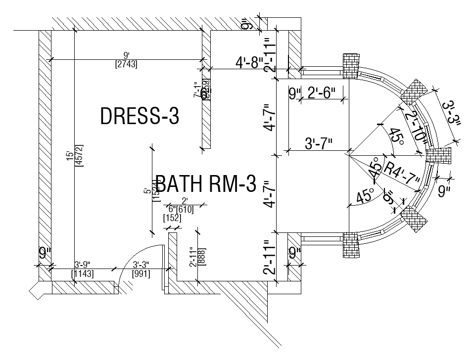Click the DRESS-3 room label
[139, 117]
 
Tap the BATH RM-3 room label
[206, 184]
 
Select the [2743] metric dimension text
[126, 64]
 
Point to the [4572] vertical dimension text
[79, 155]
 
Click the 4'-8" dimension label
[249, 63]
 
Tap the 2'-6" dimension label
[321, 92]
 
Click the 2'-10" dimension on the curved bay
[417, 127]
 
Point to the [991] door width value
[141, 273]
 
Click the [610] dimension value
[185, 209]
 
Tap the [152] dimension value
[172, 218]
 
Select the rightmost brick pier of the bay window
[439, 155]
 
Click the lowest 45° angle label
[366, 196]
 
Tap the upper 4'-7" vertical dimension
[268, 117]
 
